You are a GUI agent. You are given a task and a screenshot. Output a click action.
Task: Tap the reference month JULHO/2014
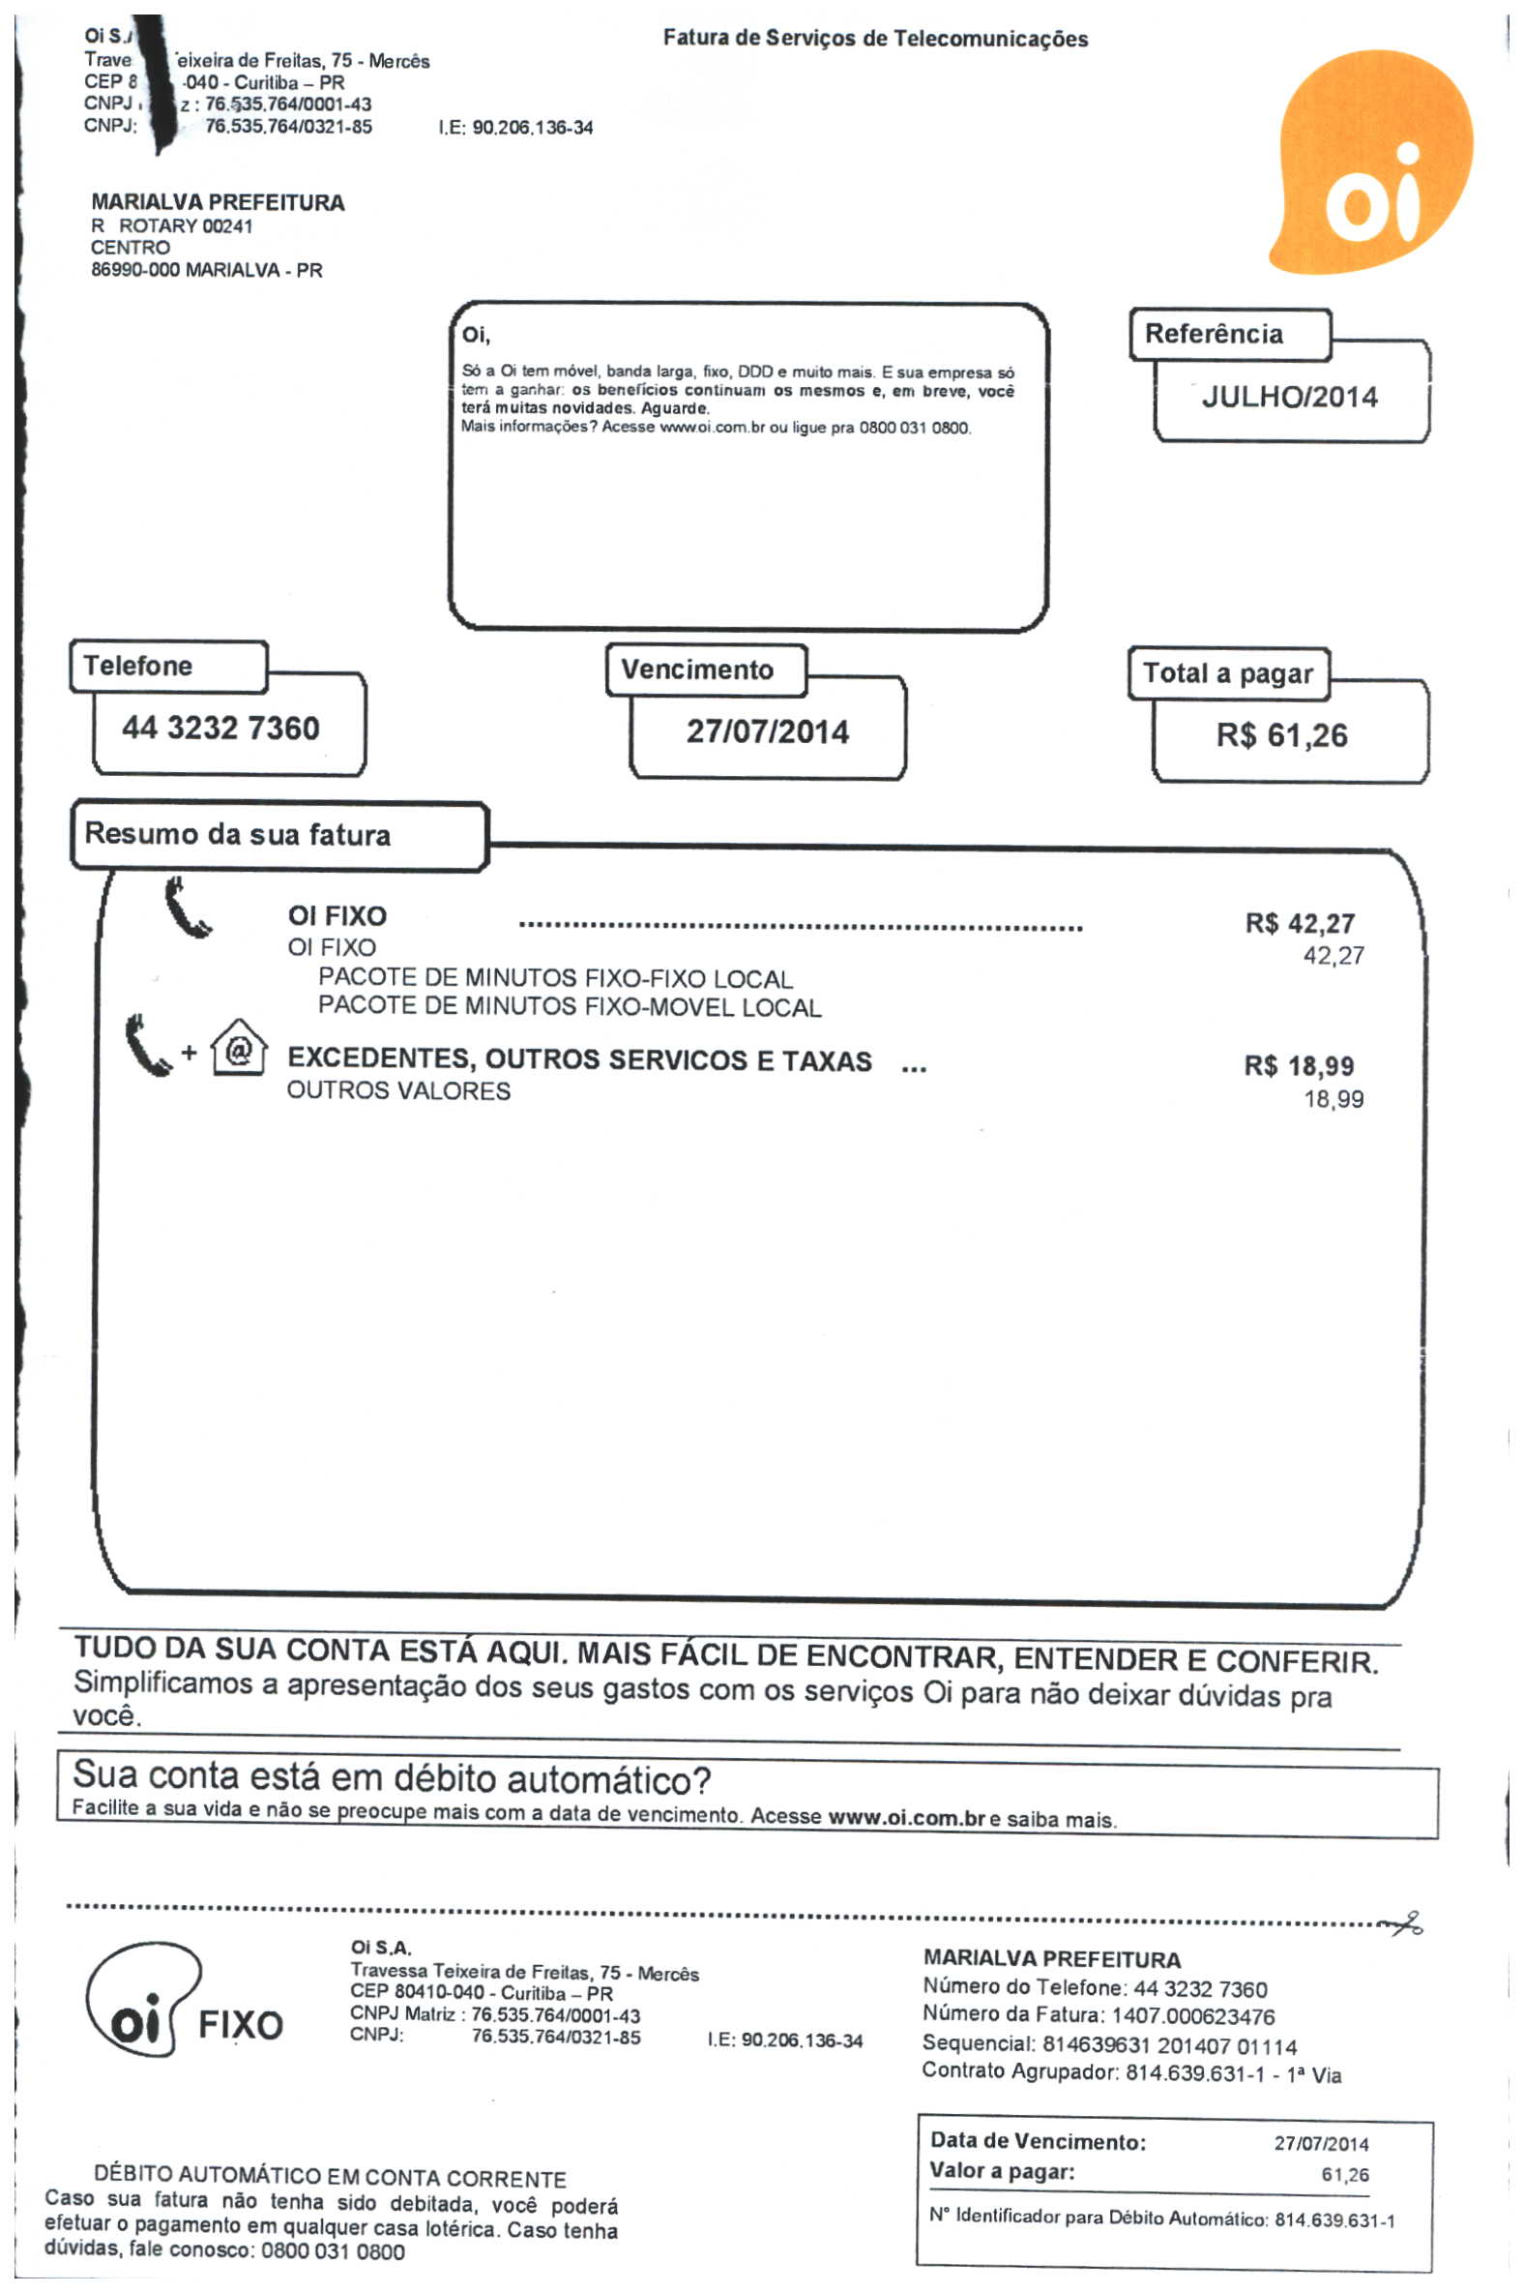[x=1289, y=397]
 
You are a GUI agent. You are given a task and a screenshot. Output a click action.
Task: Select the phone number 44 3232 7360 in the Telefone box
[x=220, y=729]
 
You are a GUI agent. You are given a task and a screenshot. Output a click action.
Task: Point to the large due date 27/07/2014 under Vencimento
[x=767, y=731]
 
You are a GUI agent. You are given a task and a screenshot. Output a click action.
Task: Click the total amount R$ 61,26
[x=1282, y=735]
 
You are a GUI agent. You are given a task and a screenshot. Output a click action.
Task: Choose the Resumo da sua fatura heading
[x=238, y=834]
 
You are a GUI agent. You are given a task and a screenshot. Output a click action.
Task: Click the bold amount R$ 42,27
[x=1300, y=923]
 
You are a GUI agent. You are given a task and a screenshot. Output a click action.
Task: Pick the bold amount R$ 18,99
[x=1299, y=1066]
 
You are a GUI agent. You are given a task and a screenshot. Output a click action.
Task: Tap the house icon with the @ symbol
[x=238, y=1049]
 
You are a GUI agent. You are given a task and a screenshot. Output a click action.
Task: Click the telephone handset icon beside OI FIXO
[x=187, y=908]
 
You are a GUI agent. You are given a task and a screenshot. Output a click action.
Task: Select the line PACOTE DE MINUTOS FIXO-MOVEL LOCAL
[x=570, y=1007]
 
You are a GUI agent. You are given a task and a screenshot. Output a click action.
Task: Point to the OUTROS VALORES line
[x=398, y=1091]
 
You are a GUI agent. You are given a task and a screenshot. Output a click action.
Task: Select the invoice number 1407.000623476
[x=1192, y=2017]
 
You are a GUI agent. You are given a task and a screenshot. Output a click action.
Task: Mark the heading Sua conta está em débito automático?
[x=392, y=1778]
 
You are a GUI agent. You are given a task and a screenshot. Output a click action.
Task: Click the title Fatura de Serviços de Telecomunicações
[x=875, y=39]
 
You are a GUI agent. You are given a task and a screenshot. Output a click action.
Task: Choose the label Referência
[x=1213, y=335]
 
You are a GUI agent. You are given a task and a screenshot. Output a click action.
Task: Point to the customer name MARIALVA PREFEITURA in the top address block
[x=218, y=202]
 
